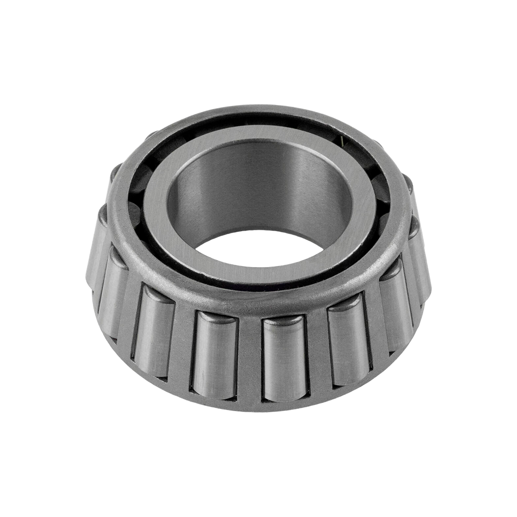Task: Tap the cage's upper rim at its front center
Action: coord(252,303)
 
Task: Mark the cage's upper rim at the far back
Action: coord(252,112)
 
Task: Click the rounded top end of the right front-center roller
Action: coord(284,322)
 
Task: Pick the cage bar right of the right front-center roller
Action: coord(317,353)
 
